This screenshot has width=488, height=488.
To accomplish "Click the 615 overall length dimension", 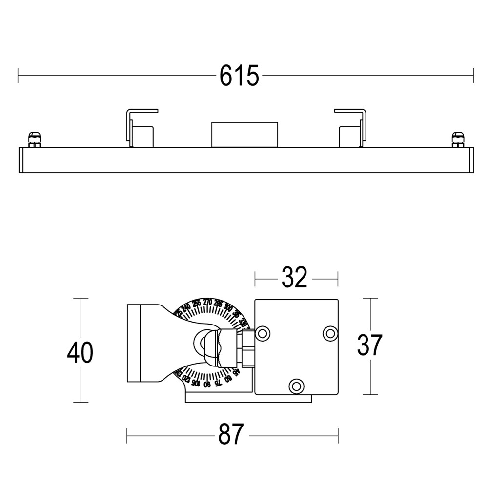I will pos(239,76).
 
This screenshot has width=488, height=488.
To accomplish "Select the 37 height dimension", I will pos(369,346).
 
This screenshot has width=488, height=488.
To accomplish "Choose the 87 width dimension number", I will pos(230,434).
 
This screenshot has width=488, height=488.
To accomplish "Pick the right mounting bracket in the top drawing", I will pos(351,128).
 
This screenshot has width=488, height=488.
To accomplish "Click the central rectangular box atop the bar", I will pos(244,134).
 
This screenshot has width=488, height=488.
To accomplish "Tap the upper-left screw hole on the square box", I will pos(263,333).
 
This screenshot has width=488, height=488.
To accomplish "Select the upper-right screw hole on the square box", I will pos(330,333).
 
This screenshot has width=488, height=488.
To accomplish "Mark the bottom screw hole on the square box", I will pos(295,386).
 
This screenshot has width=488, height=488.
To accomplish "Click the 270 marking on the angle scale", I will pos(207,302).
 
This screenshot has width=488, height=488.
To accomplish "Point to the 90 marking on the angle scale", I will pos(207,384).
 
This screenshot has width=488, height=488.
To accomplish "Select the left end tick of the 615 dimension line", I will pos(18,76).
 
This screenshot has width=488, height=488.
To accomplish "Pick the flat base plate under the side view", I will pos(248,398).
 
